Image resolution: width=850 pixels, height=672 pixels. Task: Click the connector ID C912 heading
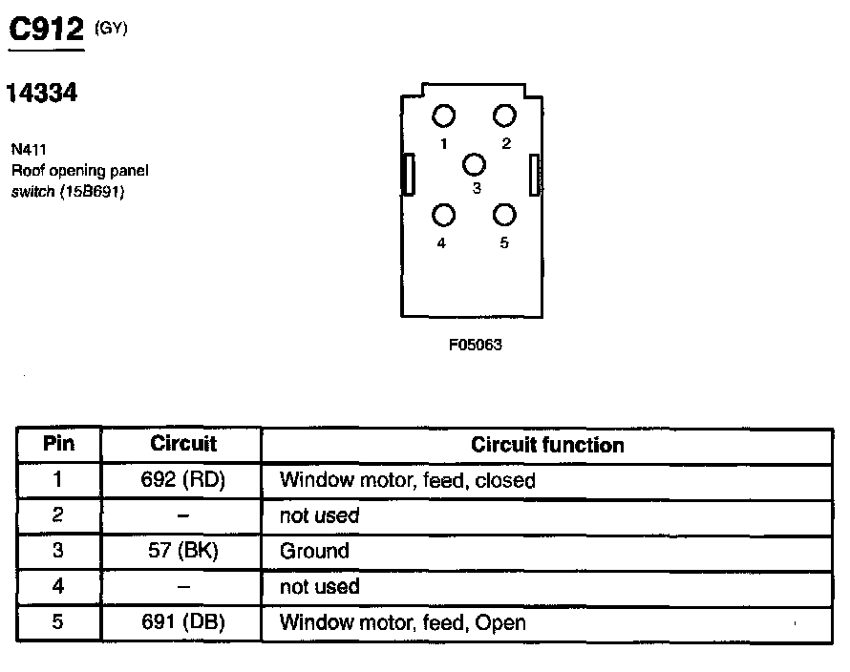pos(47,31)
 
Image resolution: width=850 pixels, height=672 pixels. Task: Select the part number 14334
pos(41,94)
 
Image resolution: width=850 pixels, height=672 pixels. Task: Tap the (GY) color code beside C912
pos(112,28)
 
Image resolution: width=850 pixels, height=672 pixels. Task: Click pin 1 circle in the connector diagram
pos(443,117)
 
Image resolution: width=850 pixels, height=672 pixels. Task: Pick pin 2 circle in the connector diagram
pos(504,116)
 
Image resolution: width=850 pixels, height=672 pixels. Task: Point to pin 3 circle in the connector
pos(475,164)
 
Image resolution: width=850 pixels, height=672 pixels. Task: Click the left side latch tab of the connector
pos(409,175)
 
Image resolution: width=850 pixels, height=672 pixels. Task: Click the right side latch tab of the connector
pos(535,175)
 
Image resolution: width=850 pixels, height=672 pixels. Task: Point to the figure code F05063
pos(475,346)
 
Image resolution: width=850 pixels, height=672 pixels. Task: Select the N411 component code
pos(29,149)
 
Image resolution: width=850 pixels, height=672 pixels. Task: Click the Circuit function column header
pos(547,445)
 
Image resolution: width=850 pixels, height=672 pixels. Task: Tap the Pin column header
pos(58,444)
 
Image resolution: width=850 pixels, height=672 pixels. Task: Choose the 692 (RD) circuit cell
pos(182,480)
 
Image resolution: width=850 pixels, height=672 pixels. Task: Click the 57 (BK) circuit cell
pos(182,551)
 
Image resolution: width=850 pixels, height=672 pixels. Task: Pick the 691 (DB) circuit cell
pos(182,622)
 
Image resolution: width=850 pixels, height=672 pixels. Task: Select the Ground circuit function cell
pos(314,551)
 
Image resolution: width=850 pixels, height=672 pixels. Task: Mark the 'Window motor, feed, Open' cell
pos(402,623)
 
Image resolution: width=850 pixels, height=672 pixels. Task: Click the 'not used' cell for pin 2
pos(319,515)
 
